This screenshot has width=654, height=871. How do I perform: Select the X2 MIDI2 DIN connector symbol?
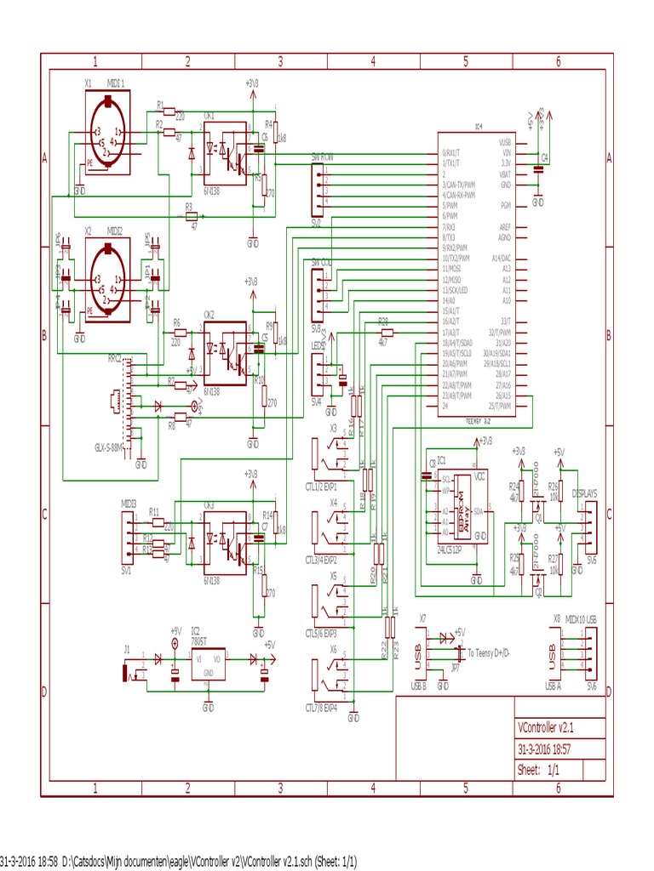tap(107, 281)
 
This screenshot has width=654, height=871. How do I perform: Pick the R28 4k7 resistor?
tap(383, 333)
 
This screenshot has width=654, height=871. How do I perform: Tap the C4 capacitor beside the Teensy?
tap(537, 169)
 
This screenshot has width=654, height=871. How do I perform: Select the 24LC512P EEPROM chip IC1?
tap(463, 507)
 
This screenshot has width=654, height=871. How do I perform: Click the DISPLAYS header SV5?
tap(589, 524)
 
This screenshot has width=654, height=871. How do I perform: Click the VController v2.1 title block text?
tap(551, 728)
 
